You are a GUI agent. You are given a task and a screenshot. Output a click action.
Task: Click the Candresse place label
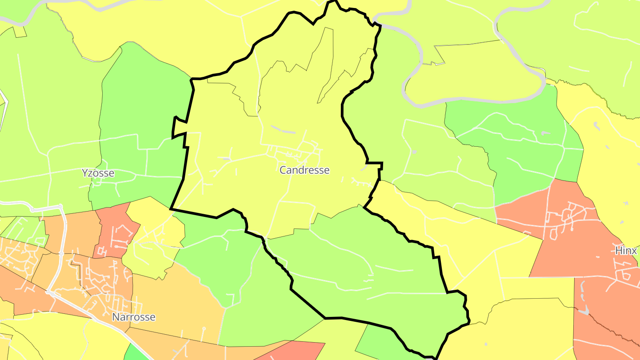pyautogui.click(x=304, y=170)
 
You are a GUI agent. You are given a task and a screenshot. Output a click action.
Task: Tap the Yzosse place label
pyautogui.click(x=98, y=173)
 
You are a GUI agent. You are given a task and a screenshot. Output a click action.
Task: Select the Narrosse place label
pyautogui.click(x=133, y=317)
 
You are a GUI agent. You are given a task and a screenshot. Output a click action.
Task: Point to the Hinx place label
pyautogui.click(x=626, y=251)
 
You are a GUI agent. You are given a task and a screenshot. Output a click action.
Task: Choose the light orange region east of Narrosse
pyautogui.click(x=178, y=302)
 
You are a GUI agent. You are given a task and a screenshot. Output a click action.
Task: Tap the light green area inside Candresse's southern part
pyautogui.click(x=378, y=267)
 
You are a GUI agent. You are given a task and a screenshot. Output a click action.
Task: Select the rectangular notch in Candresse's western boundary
pyautogui.click(x=179, y=128)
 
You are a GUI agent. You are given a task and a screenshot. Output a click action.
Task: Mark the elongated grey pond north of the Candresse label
pyautogui.click(x=283, y=130)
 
